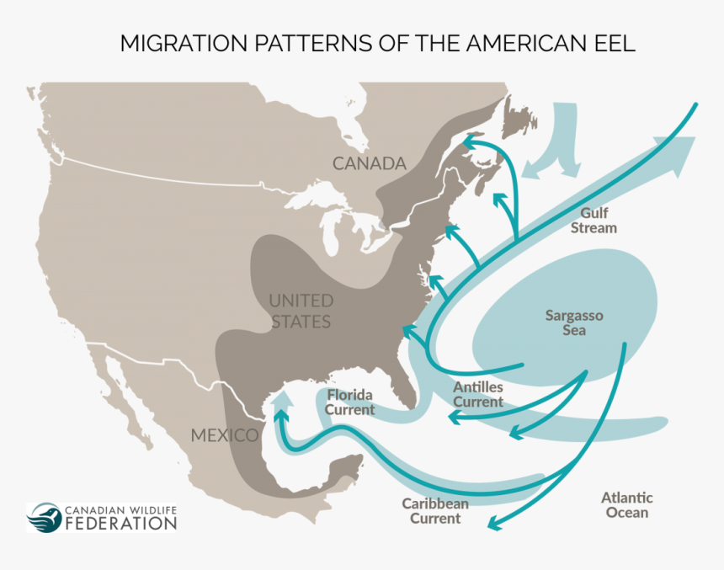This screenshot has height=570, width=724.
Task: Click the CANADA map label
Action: tap(370, 163)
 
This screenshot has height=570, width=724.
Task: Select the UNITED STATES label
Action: tap(301, 311)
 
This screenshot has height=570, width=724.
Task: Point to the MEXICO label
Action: tap(224, 435)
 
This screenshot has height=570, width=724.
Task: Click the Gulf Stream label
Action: tap(594, 221)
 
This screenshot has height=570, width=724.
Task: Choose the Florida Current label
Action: tap(351, 402)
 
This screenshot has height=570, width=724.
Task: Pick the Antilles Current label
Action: tap(478, 394)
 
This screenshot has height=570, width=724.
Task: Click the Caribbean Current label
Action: tap(435, 511)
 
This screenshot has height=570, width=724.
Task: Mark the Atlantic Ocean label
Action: tap(627, 505)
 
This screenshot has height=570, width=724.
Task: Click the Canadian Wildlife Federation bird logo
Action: tap(44, 517)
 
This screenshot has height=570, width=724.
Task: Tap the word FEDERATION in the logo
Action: tap(121, 524)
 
